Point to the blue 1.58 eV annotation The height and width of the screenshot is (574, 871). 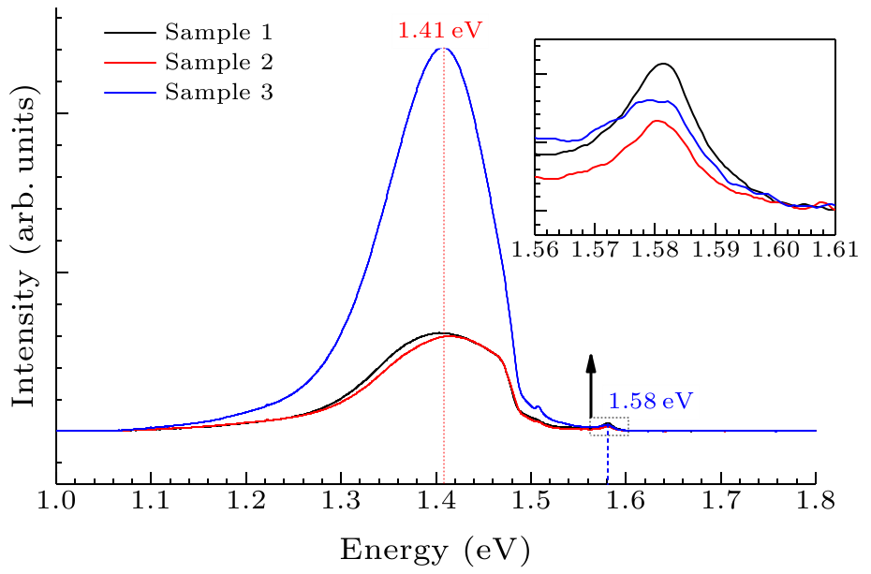coord(650,402)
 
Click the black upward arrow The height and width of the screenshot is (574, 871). coord(590,385)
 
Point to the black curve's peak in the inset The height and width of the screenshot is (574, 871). coord(663,64)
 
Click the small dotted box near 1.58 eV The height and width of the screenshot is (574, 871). coord(609,426)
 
